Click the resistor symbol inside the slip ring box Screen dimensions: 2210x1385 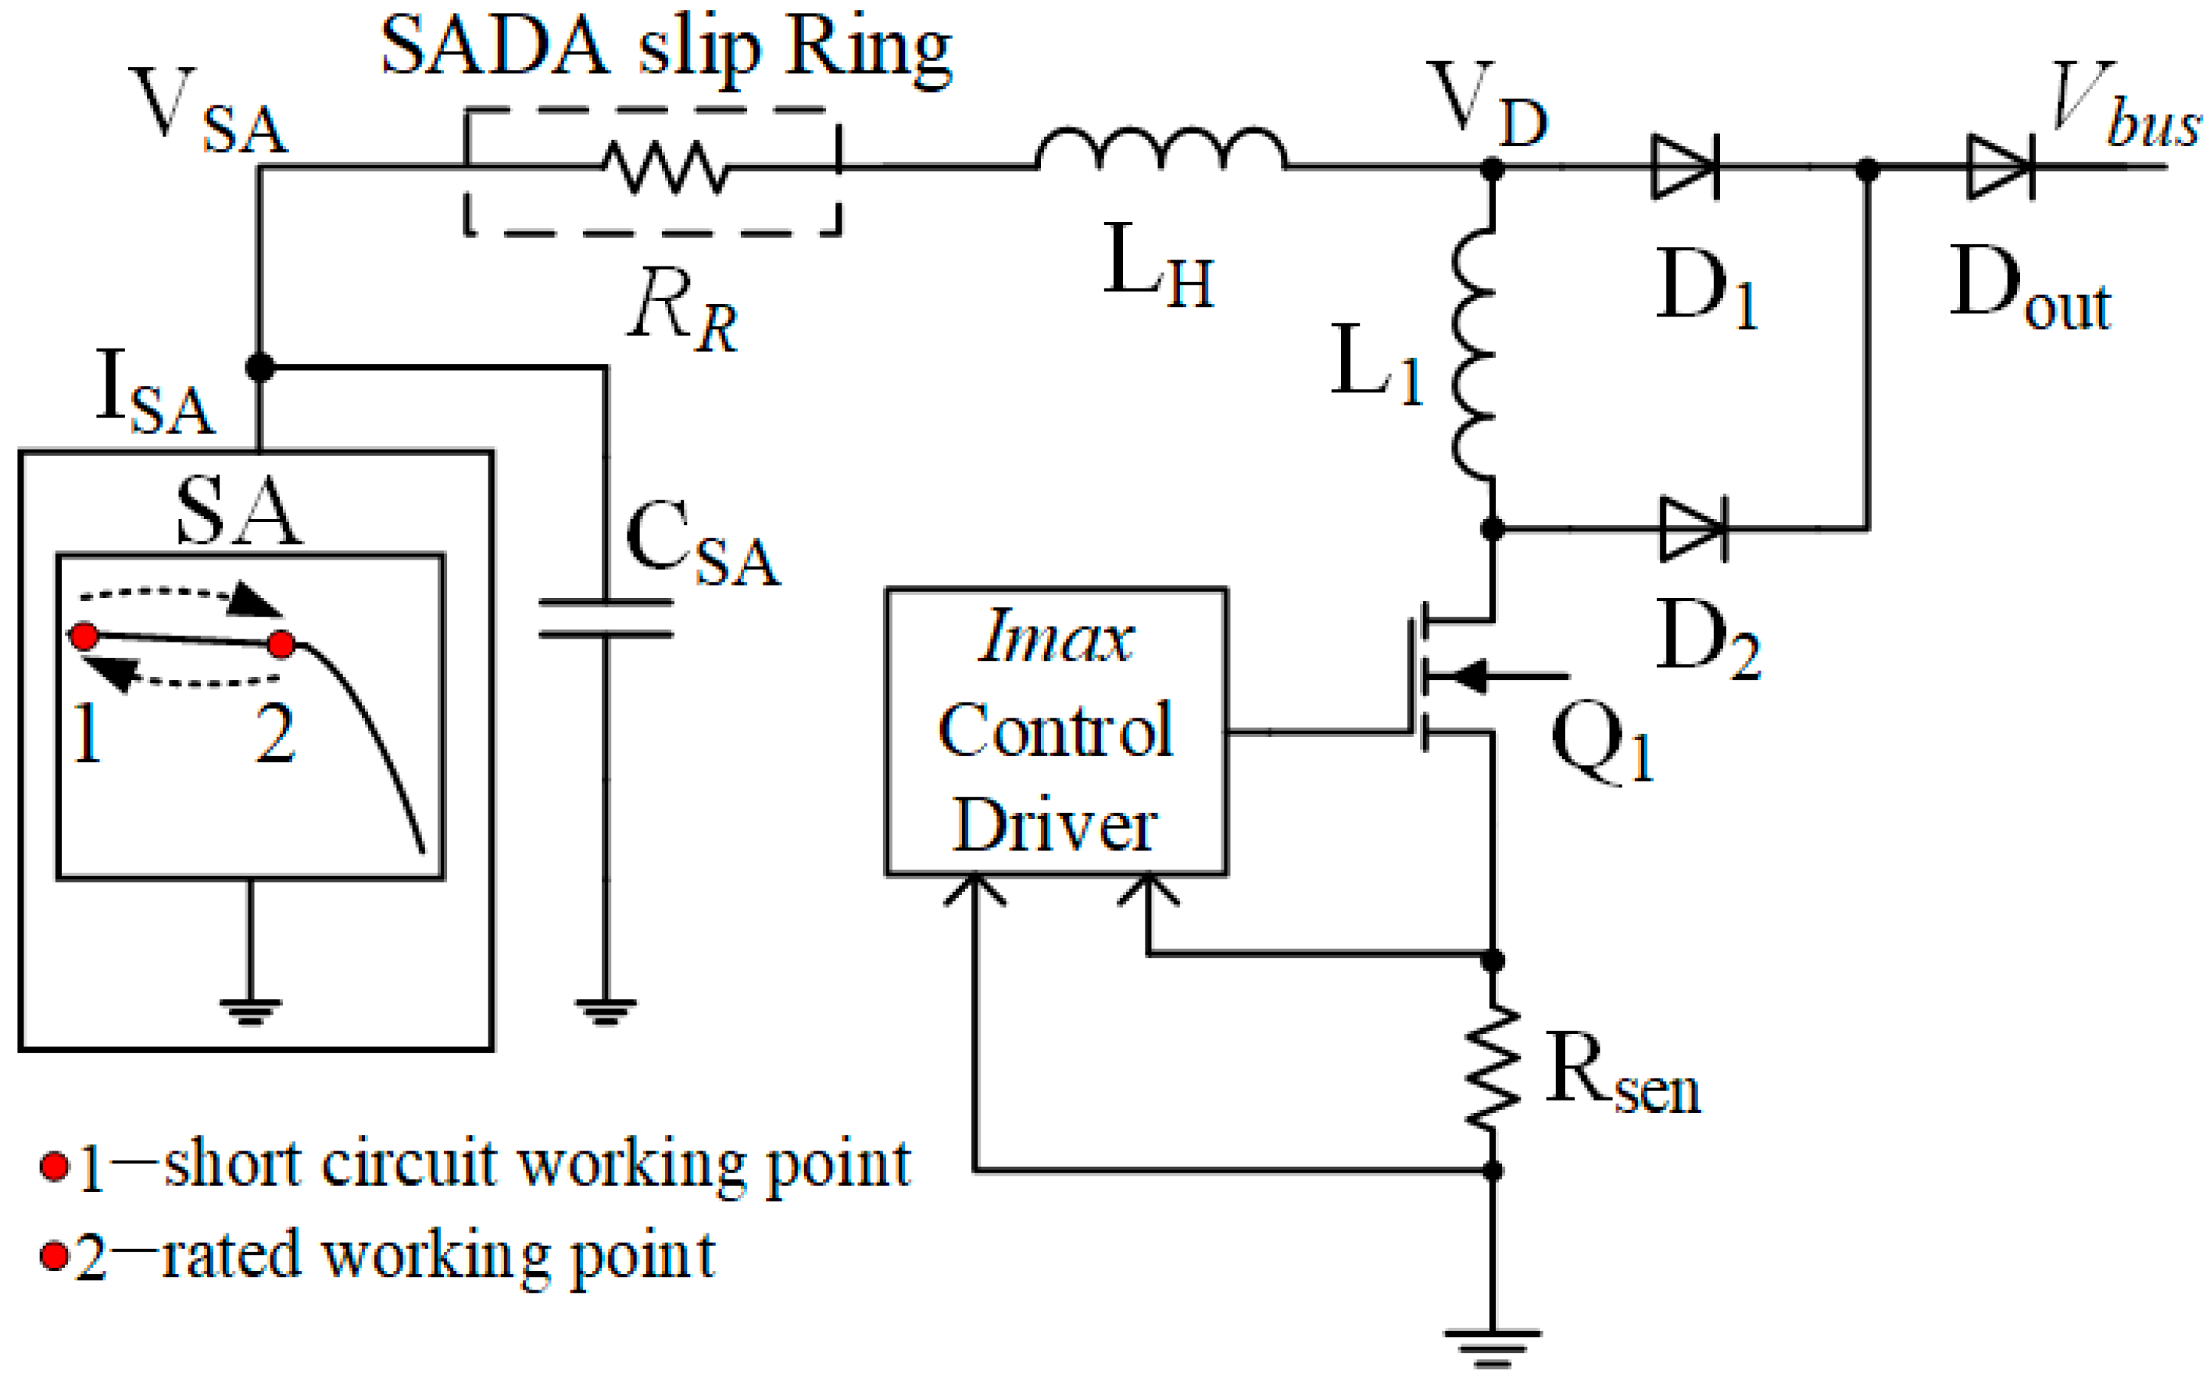(x=666, y=166)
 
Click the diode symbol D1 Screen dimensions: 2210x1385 (x=1685, y=166)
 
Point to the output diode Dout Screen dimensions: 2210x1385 (x=2002, y=166)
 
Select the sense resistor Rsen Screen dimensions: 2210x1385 (x=1493, y=1067)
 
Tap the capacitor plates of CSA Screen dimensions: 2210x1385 (x=606, y=617)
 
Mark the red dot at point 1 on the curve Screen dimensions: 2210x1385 (x=84, y=635)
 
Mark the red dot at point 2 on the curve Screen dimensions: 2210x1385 (x=281, y=644)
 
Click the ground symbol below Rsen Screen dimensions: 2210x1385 (x=1493, y=1347)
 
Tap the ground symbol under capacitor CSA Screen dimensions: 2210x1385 (x=606, y=1011)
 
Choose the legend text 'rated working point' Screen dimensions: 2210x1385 (x=438, y=1256)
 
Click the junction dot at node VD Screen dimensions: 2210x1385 (x=1493, y=167)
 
